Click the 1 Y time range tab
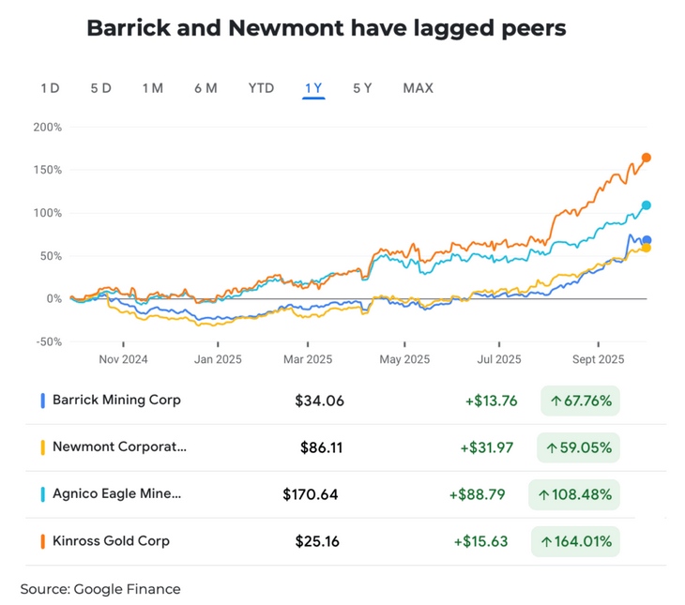(313, 88)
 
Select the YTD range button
(261, 88)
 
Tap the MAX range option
(418, 88)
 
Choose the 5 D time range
(101, 88)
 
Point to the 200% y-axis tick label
(47, 128)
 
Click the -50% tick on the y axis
(48, 341)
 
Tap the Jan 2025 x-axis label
(216, 359)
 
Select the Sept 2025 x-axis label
(598, 359)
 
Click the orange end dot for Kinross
(647, 158)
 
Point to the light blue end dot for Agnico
(647, 205)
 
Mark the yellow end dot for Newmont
(647, 248)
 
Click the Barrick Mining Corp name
(116, 400)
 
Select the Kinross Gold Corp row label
(111, 540)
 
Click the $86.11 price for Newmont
(321, 447)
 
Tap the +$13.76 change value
(491, 401)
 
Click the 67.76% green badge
(581, 401)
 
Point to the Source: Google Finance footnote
(100, 589)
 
